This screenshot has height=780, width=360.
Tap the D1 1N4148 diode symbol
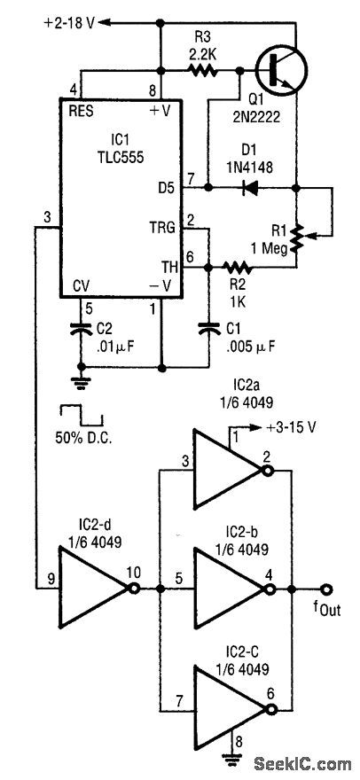252,187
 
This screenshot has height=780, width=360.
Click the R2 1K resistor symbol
239,266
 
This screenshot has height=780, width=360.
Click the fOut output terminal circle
327,589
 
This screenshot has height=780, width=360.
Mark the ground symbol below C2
79,381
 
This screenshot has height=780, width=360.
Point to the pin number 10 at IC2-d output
135,573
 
